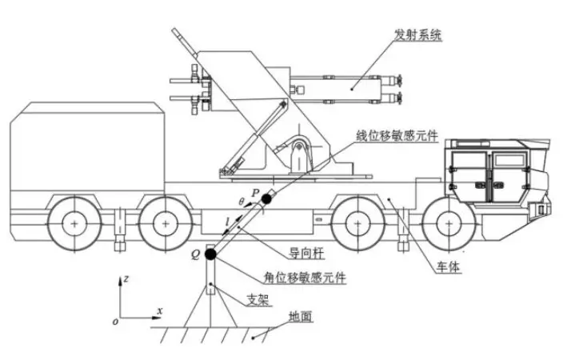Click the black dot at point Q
coord(210,254)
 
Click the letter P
coord(255,193)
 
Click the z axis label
coord(127,280)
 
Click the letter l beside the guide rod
coord(229,218)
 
